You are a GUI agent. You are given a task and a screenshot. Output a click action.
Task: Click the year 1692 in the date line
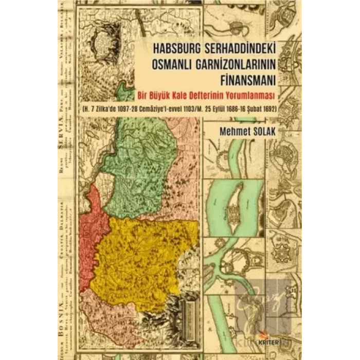pyautogui.click(x=269, y=109)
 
